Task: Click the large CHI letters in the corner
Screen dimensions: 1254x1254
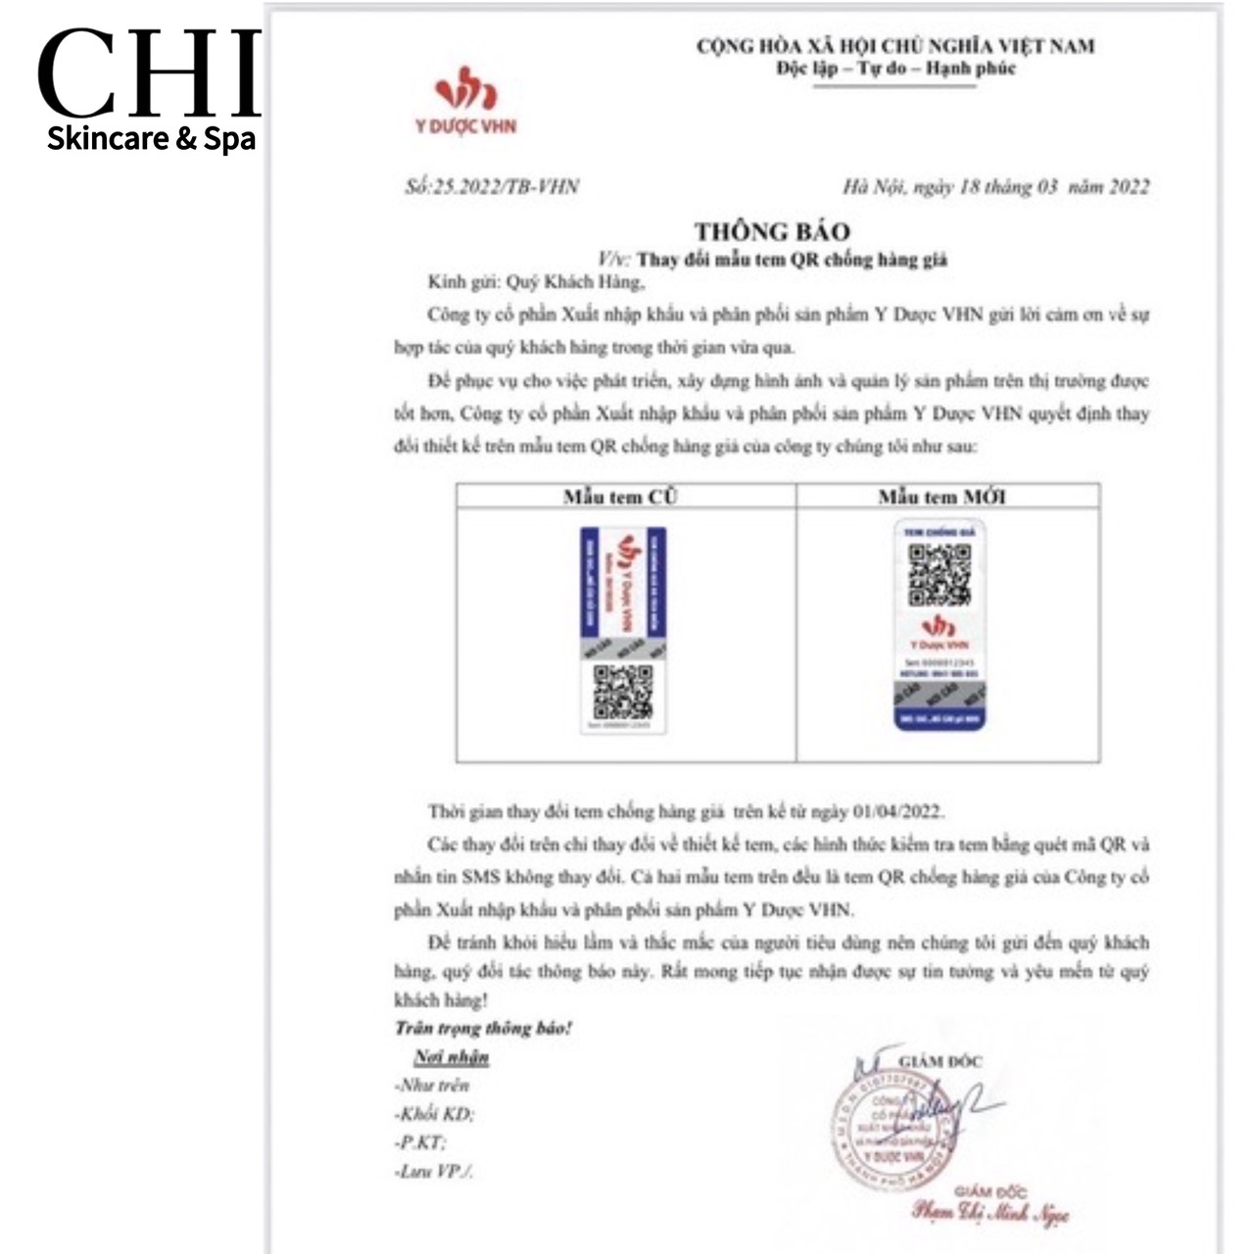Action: pos(149,73)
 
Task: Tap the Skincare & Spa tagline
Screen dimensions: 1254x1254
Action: pos(151,138)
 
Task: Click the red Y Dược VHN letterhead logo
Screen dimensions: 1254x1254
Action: pos(464,99)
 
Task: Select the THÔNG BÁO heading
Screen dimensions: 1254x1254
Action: pos(772,231)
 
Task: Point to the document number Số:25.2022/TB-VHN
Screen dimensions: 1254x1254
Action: pos(491,186)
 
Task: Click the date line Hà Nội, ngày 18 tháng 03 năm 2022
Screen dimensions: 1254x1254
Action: pos(995,187)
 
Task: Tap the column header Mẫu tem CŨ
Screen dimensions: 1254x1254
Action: pos(620,497)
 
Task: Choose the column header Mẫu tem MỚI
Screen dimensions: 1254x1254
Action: pos(941,497)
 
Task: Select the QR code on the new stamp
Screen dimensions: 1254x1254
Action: pos(939,575)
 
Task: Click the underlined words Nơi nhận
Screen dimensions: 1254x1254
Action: pos(451,1057)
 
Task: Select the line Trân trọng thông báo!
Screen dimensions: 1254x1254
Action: pos(483,1028)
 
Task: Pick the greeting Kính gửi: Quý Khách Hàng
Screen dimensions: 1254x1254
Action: pos(537,283)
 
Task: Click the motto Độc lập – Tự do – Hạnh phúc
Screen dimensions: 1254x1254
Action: pos(895,70)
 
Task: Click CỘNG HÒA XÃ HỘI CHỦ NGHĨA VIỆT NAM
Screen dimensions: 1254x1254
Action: pos(895,45)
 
